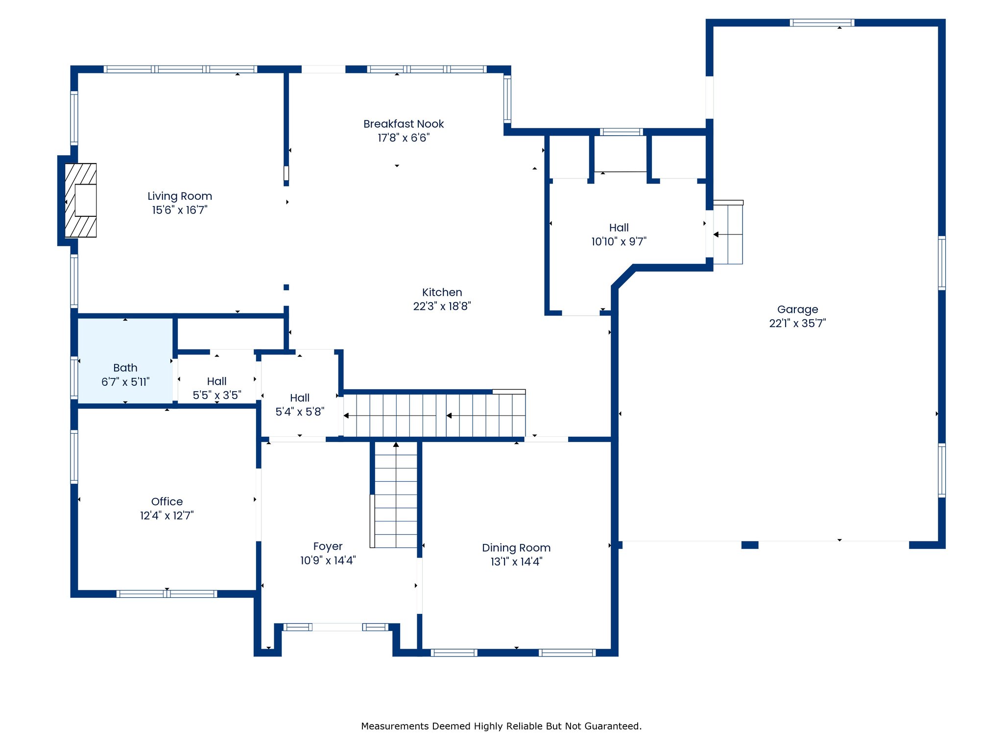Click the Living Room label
point(180,196)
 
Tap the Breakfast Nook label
point(404,124)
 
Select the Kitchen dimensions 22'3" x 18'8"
point(442,306)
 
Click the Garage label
point(797,310)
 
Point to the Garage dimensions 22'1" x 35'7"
point(797,324)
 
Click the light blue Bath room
point(125,361)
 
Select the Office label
point(167,501)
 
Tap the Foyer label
point(328,547)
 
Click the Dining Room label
point(516,548)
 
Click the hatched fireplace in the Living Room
point(81,200)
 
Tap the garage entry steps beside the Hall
point(728,232)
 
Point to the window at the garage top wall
point(822,23)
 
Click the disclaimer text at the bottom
point(501,726)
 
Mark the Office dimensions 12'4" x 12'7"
point(167,516)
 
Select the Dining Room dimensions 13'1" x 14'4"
point(516,562)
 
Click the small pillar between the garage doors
point(750,545)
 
